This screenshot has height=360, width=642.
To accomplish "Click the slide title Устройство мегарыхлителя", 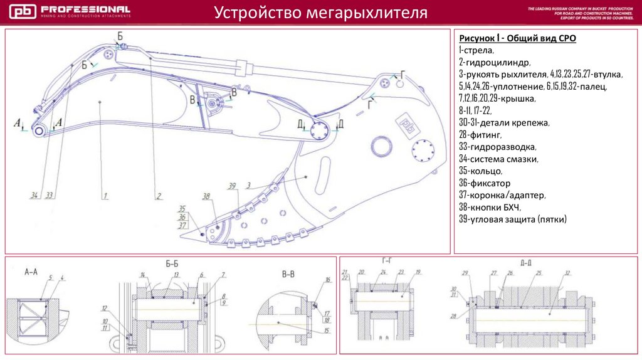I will (321, 13).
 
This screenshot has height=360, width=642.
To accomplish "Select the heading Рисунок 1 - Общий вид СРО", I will (517, 38).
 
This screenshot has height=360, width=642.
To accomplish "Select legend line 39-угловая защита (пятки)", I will (512, 220).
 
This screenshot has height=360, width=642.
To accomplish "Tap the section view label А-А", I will (31, 273).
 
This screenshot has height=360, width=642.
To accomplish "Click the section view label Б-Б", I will (172, 265).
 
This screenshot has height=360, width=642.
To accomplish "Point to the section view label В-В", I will (288, 274).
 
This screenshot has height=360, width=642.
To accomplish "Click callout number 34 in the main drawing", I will (34, 196).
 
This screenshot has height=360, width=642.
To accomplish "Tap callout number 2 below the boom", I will (159, 196).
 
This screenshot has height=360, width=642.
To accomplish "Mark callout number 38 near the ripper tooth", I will (205, 195).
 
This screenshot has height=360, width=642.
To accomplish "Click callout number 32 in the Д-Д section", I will (567, 273).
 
